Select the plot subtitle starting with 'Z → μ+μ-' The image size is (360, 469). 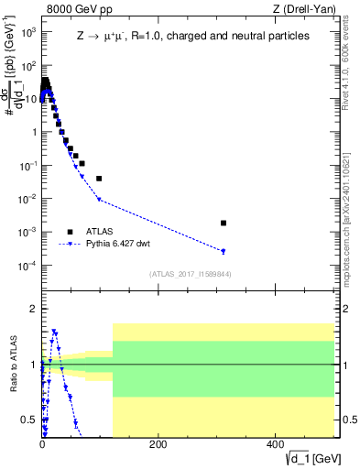[193, 36]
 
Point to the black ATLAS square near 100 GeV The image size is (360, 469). [99, 178]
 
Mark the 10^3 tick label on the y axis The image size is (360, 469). [27, 31]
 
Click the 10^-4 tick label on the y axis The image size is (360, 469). [27, 266]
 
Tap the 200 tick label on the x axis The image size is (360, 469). [158, 444]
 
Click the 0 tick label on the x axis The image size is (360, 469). [42, 444]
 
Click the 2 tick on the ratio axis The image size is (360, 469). [34, 309]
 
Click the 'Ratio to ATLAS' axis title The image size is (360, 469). [12, 365]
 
